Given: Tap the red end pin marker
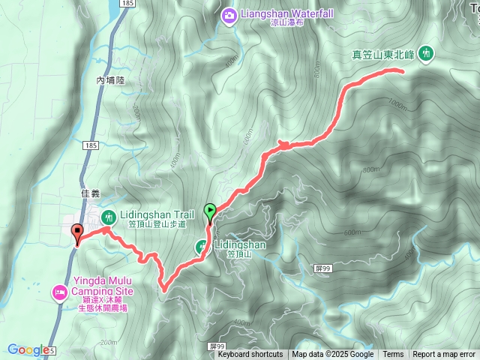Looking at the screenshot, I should [76, 233].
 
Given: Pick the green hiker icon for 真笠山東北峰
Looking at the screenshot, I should [427, 53].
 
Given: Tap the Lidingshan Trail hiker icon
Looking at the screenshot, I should [108, 217].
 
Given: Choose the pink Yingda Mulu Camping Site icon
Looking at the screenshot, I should [59, 292].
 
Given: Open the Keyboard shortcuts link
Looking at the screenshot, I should [250, 355].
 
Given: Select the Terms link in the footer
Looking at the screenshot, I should [393, 355].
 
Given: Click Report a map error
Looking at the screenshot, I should [444, 355].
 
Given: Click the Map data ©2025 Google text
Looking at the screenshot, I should [333, 355].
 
